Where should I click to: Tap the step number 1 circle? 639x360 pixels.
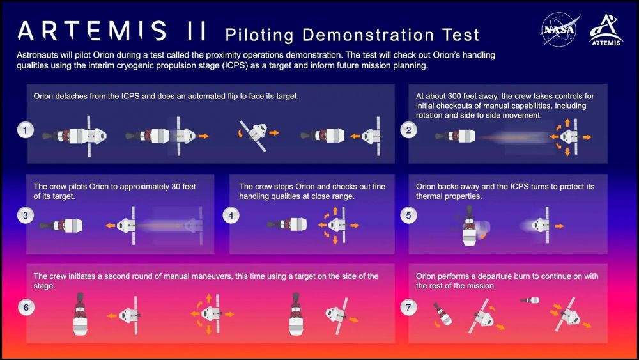(25, 130)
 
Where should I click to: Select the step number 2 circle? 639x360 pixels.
(408, 130)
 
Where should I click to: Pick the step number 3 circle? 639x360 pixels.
(25, 215)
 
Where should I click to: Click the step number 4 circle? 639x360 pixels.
(231, 215)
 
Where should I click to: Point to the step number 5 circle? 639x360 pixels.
(408, 215)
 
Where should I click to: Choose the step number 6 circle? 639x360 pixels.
(25, 308)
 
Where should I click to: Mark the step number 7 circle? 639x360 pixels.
(408, 308)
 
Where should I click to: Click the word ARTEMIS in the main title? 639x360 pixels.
(93, 31)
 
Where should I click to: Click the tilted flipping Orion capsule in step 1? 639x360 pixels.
(254, 132)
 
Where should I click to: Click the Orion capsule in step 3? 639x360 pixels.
(128, 225)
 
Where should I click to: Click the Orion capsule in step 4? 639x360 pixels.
(335, 225)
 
